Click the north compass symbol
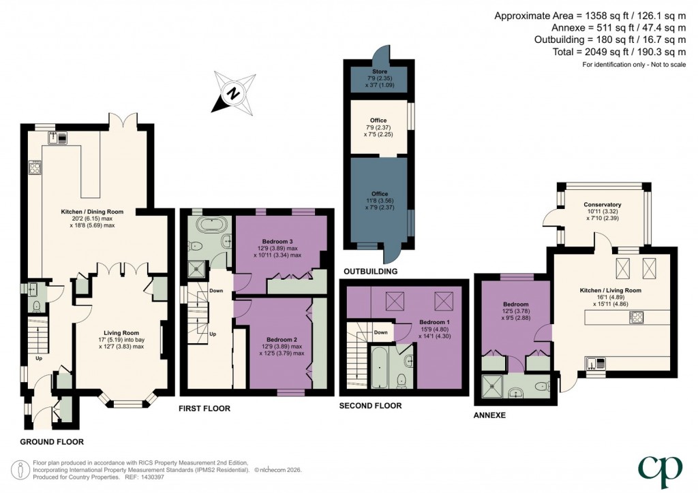click(232, 92)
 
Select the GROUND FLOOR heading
click(46, 442)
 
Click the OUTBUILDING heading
click(371, 272)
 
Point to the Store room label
click(380, 71)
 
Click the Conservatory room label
click(602, 204)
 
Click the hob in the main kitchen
click(35, 167)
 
